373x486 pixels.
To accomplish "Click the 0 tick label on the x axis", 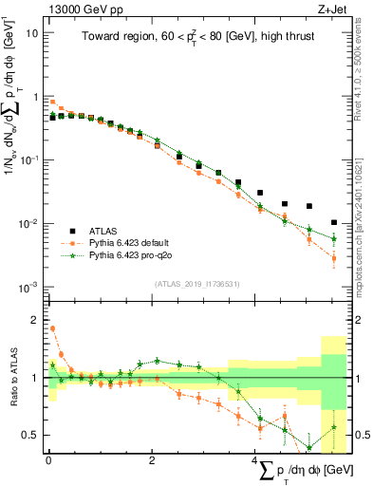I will [x=48, y=460].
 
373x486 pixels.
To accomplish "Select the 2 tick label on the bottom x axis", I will [x=152, y=460].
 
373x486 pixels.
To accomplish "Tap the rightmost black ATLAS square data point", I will [x=334, y=223].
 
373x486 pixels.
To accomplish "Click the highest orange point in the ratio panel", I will [x=51, y=328].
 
